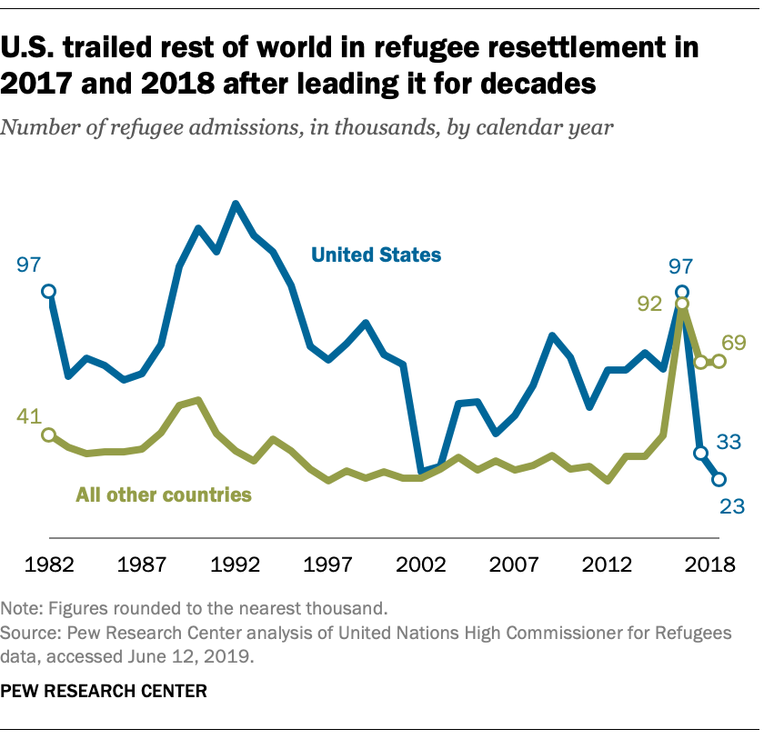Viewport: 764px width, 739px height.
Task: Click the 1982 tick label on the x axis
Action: [50, 564]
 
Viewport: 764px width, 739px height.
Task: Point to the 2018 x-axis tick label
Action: [710, 564]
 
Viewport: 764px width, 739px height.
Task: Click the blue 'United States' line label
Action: [376, 255]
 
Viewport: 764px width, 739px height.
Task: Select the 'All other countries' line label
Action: [163, 495]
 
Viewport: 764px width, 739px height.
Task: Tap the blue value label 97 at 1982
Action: [30, 265]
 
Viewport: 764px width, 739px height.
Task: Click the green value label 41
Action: [30, 417]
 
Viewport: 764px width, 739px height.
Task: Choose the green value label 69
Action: [734, 343]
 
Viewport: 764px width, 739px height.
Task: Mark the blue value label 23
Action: [733, 505]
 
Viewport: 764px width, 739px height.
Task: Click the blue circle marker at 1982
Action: [49, 291]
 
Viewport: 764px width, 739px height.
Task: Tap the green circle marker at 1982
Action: [49, 434]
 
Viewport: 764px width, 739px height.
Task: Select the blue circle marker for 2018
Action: [719, 479]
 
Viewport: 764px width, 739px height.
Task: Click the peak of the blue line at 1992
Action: [236, 204]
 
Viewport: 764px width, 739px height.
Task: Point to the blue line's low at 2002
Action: [421, 473]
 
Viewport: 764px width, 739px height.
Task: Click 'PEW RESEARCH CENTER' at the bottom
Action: [104, 692]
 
